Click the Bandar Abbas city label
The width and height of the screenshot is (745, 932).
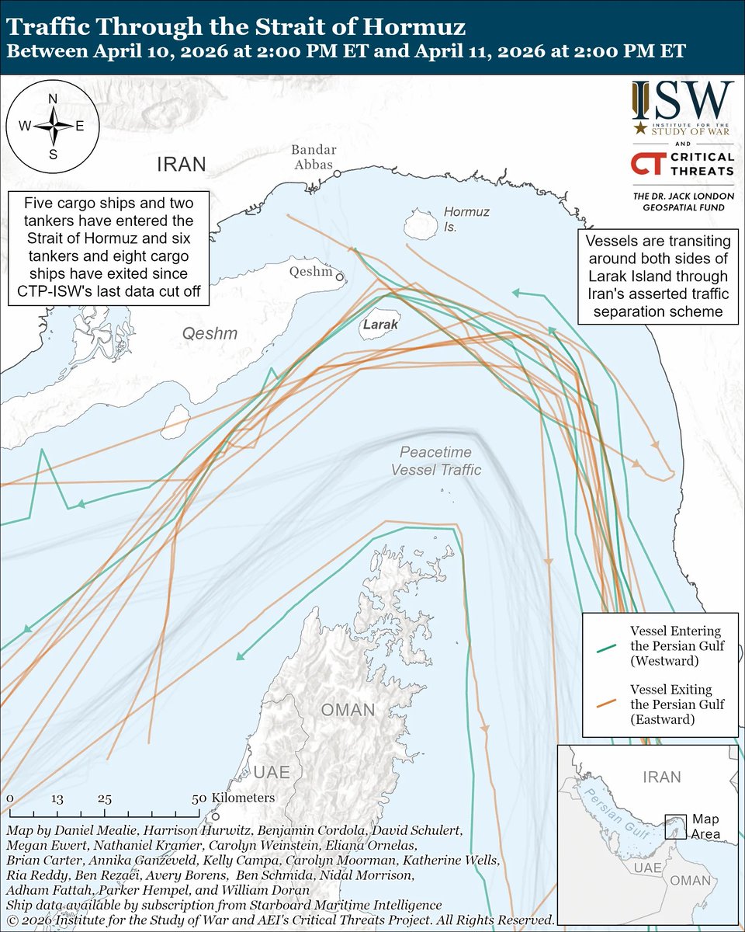tap(314, 158)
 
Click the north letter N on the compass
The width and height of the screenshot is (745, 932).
tap(53, 99)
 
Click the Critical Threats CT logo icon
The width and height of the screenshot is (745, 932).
tap(647, 164)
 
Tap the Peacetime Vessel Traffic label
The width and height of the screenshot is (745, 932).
tap(435, 461)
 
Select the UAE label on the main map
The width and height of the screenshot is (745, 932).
tap(271, 772)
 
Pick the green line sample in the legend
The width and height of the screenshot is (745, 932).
tap(607, 645)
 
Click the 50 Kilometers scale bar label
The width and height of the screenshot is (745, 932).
tap(233, 798)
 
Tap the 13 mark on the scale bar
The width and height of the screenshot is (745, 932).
tap(56, 798)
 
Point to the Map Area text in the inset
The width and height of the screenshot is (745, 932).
tap(705, 826)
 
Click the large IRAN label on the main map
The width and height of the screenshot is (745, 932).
tap(182, 165)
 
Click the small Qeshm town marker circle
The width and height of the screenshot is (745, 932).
tap(339, 274)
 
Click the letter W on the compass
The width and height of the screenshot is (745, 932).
tap(24, 126)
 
